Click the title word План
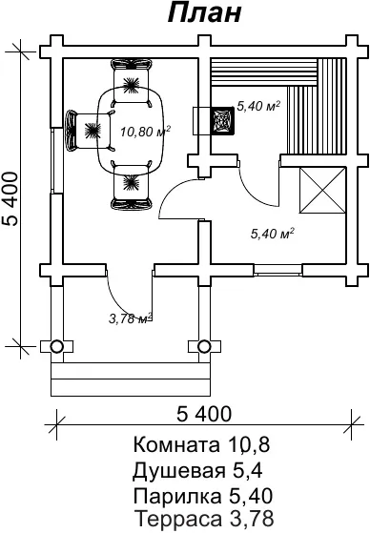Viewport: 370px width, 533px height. coord(205,13)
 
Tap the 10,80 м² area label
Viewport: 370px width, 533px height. coord(146,131)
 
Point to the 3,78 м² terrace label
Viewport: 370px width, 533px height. coord(131,318)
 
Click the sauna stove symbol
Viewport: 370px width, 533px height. coord(222,121)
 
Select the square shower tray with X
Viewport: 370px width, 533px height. coord(322,190)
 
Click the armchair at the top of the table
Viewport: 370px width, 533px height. coord(131,82)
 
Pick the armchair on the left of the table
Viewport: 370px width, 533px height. coord(89,130)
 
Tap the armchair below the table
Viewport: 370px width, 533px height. coord(132,186)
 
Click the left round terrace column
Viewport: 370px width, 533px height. coord(56,346)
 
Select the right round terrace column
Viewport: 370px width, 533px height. coord(204,346)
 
